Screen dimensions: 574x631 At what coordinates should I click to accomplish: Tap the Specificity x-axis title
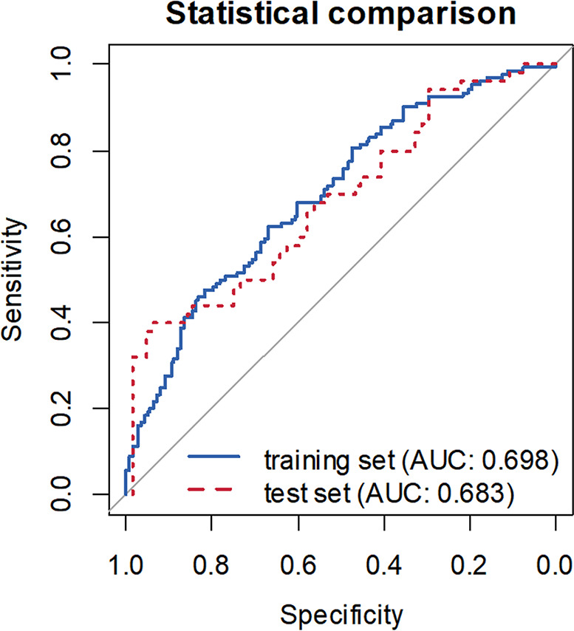point(341,615)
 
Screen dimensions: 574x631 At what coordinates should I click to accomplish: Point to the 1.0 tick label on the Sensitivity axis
point(61,64)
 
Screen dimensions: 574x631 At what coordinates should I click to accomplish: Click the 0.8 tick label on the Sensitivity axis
point(61,151)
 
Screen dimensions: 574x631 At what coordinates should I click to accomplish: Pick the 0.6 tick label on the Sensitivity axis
point(61,236)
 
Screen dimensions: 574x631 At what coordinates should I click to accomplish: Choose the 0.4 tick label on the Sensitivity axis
point(61,322)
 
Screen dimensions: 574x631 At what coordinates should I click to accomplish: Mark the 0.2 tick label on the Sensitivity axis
point(61,409)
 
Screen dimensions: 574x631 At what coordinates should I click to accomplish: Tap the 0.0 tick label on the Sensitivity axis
point(61,494)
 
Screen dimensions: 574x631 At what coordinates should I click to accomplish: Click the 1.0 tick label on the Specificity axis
point(126,565)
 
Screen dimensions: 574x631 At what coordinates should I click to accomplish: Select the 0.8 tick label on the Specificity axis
point(211,565)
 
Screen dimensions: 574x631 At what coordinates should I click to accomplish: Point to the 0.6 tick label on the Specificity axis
point(298,565)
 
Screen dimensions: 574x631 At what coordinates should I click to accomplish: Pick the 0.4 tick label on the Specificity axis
point(383,565)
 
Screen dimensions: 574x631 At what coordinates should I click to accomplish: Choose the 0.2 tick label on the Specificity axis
point(469,565)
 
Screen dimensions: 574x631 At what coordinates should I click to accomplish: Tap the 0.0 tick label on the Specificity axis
point(555,565)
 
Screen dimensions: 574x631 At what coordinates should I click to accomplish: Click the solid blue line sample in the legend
point(214,456)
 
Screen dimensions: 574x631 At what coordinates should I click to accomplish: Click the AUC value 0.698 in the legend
point(516,460)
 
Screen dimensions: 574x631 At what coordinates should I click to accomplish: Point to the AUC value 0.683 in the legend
point(471,494)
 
